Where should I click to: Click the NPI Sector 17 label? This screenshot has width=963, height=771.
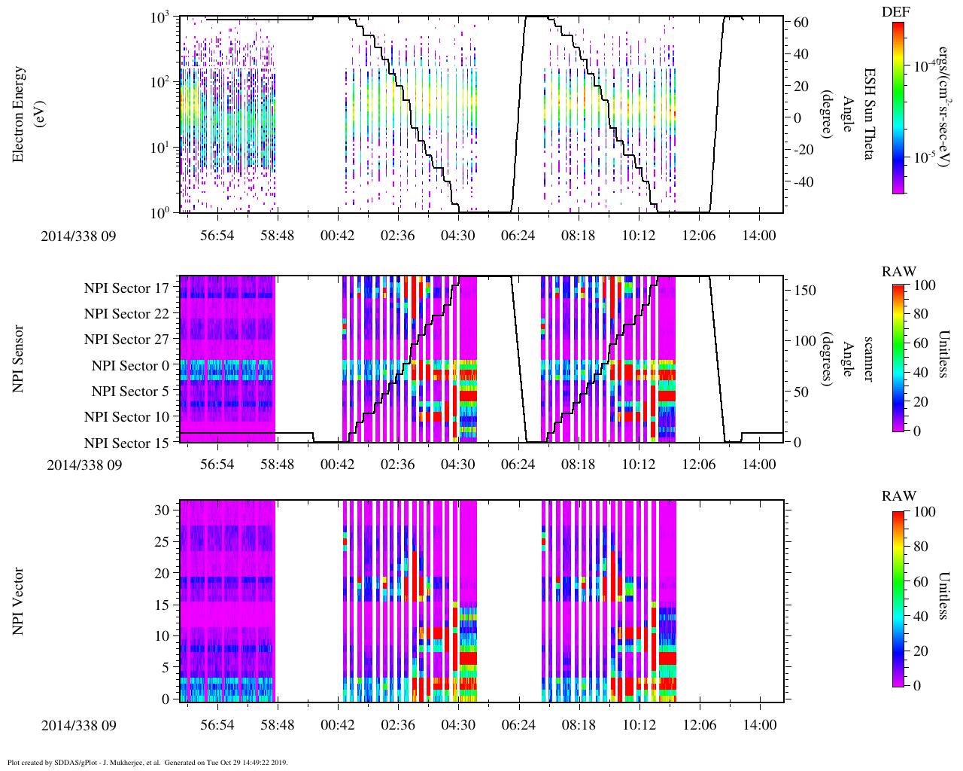pyautogui.click(x=126, y=288)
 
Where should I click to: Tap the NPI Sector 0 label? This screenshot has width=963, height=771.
pyautogui.click(x=130, y=366)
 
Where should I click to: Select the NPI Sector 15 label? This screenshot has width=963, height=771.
pyautogui.click(x=126, y=443)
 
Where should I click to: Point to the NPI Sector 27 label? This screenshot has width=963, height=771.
pyautogui.click(x=126, y=340)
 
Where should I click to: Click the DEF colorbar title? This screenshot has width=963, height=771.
pyautogui.click(x=895, y=12)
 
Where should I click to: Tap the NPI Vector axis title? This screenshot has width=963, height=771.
pyautogui.click(x=18, y=602)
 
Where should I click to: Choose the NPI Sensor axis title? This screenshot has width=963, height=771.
pyautogui.click(x=18, y=359)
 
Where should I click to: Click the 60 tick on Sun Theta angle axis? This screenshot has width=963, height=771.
pyautogui.click(x=801, y=23)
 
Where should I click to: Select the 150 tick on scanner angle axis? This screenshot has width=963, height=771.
pyautogui.click(x=806, y=290)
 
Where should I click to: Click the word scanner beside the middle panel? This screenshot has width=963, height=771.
pyautogui.click(x=867, y=359)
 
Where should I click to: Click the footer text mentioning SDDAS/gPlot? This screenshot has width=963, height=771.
pyautogui.click(x=147, y=762)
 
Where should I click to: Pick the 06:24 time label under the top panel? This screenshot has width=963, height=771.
pyautogui.click(x=518, y=236)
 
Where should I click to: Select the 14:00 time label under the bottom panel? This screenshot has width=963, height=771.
pyautogui.click(x=759, y=725)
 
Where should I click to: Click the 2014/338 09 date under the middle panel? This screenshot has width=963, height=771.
pyautogui.click(x=84, y=465)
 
